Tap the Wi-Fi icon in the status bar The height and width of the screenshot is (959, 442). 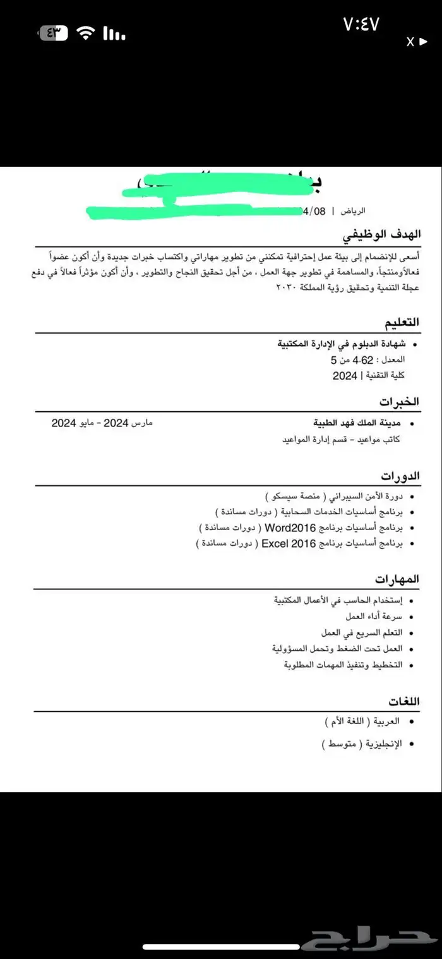84,33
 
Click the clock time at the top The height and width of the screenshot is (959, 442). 361,25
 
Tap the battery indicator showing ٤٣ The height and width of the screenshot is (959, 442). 54,33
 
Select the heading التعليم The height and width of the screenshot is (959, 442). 402,323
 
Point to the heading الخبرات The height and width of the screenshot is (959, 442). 400,401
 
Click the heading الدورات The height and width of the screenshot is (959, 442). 400,475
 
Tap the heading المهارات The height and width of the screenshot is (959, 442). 398,579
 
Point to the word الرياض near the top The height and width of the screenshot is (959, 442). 353,210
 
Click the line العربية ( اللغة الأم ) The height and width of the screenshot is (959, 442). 363,721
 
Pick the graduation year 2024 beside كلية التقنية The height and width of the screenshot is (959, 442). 345,376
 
